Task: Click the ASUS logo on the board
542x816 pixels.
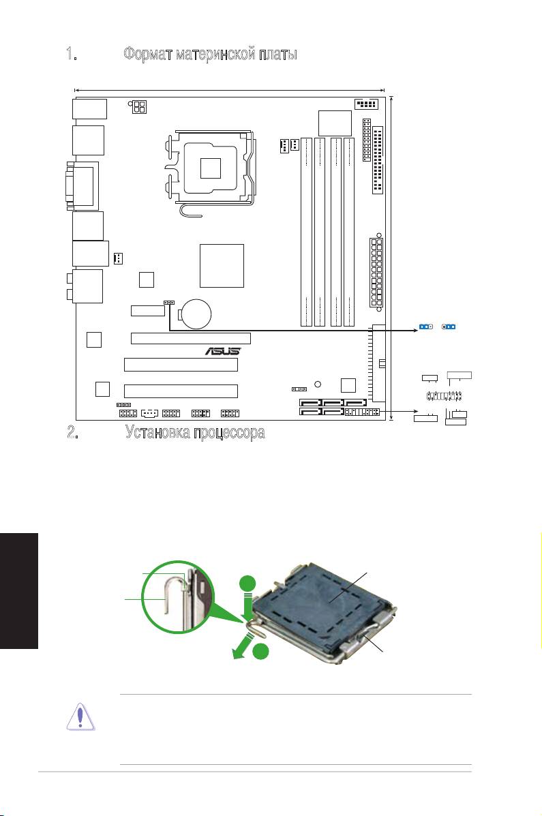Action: point(223,352)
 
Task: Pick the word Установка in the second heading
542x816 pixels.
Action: point(157,433)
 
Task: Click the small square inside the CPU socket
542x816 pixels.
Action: point(211,167)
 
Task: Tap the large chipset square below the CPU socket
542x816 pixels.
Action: point(222,265)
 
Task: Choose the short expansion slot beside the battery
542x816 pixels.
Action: point(148,311)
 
